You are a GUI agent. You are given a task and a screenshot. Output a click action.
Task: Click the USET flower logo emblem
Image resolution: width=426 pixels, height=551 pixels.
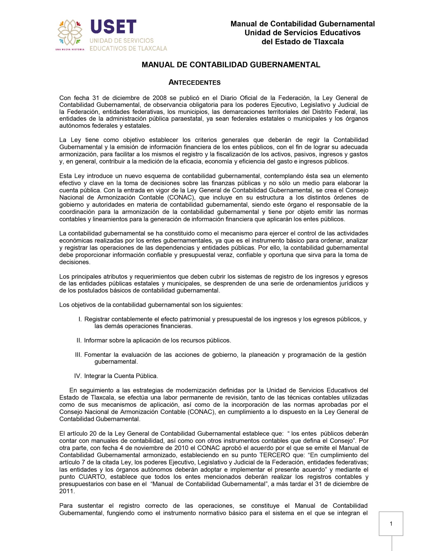click(x=70, y=33)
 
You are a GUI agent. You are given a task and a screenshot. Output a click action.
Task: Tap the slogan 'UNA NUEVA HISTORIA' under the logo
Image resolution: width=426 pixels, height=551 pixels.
click(x=70, y=50)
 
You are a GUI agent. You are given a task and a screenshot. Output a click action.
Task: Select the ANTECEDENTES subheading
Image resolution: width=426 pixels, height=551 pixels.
click(x=194, y=83)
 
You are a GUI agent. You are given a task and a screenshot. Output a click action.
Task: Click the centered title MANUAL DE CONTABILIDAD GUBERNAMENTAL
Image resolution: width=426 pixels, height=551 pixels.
click(x=231, y=65)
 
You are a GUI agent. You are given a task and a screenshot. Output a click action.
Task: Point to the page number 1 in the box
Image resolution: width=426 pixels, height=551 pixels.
click(x=391, y=524)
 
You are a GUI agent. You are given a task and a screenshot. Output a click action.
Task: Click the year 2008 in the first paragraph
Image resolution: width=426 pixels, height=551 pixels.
click(x=160, y=98)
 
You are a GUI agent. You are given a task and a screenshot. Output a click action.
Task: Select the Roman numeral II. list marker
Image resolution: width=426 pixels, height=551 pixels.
click(x=79, y=341)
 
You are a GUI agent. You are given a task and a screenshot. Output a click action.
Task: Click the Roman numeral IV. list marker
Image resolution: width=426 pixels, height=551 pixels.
click(x=78, y=376)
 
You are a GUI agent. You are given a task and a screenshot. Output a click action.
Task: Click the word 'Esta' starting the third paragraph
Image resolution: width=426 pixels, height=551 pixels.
click(x=65, y=176)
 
